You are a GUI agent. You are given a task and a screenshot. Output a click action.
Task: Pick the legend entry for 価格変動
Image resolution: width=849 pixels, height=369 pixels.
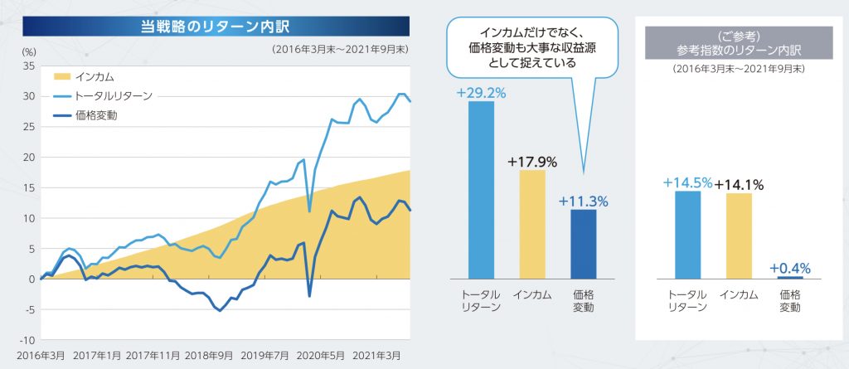pos(95,115)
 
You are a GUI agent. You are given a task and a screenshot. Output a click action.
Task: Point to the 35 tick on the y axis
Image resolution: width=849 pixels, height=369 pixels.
pos(28,66)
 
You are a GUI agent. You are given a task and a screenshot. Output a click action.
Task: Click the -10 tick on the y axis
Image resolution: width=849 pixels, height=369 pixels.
pos(27,340)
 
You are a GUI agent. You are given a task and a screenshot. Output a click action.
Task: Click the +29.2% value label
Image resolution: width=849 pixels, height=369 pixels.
pos(481,92)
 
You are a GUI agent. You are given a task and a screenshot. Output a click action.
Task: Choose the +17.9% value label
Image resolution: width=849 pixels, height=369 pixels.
pos(531,161)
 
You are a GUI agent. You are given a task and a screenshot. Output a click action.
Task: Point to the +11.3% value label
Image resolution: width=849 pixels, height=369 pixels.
pos(584,201)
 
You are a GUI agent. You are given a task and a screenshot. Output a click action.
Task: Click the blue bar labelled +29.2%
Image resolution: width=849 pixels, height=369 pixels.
pos(481,190)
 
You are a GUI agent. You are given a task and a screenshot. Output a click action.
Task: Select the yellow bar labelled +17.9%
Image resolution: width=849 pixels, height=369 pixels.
pos(532,224)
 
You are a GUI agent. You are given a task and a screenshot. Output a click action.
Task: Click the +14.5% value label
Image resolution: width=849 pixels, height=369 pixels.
pos(687,183)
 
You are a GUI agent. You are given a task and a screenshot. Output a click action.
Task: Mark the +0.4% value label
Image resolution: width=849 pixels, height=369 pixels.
pos(789,268)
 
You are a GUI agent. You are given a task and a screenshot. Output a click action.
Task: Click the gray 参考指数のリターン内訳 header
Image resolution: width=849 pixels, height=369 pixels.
pos(740,45)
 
